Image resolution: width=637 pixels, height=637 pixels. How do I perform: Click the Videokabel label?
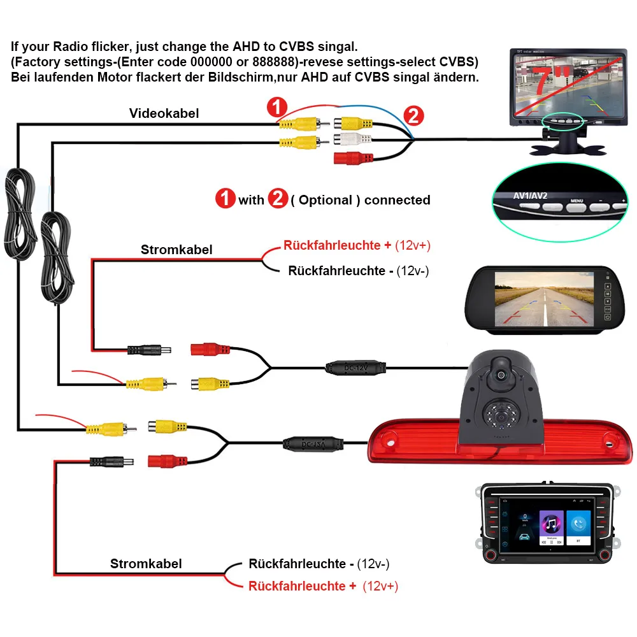point(164,113)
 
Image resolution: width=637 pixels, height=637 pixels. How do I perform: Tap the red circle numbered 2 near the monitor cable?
point(413,116)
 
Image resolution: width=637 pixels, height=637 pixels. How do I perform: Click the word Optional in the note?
point(325,200)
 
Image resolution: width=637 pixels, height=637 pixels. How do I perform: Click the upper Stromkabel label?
point(176,249)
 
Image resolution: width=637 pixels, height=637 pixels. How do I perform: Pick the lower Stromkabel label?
point(146,563)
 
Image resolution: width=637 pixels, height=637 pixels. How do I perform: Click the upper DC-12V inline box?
point(356,368)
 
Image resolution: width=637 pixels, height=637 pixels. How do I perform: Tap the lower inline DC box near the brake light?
point(314,443)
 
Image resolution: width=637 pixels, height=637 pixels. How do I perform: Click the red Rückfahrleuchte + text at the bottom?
point(303,586)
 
